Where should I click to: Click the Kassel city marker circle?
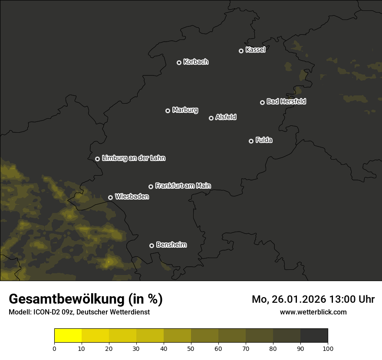point(241,51)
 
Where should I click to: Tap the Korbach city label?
point(196,62)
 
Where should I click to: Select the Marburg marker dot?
point(168,111)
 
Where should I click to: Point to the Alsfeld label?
point(226,118)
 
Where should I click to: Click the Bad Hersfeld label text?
point(286,101)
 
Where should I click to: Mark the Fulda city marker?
point(251,141)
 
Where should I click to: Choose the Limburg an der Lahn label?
point(133,158)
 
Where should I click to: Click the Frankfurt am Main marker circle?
point(151,187)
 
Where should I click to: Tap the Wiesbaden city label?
point(132,197)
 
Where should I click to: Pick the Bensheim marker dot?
point(151,245)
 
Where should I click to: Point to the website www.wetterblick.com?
point(313,312)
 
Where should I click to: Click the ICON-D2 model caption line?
point(79,312)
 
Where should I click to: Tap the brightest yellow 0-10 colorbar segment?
point(68,336)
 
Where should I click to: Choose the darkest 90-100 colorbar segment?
point(314,336)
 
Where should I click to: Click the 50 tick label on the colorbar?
point(191,348)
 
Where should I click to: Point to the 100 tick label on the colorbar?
point(328,348)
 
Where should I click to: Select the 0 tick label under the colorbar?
point(54,348)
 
